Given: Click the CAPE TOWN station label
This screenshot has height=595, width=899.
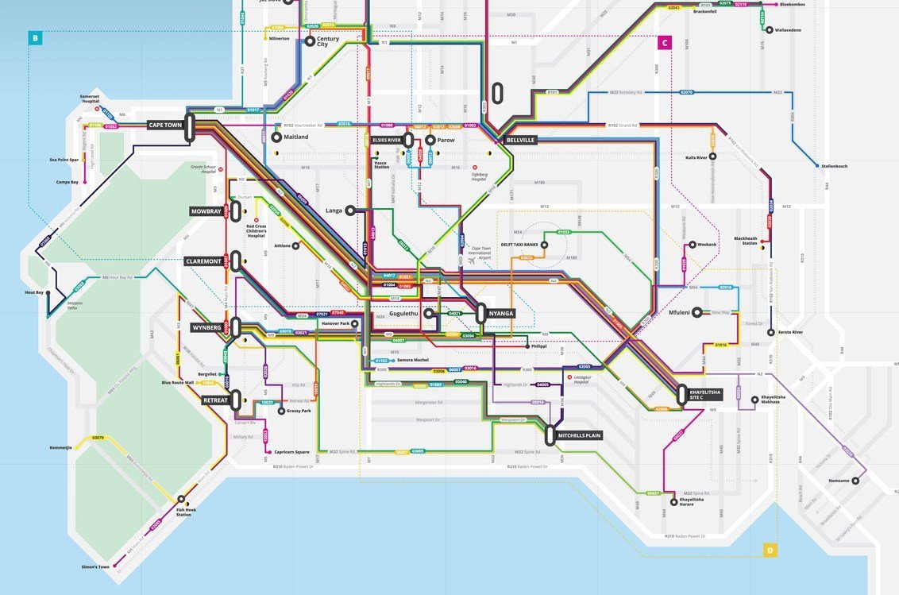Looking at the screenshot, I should (166, 125).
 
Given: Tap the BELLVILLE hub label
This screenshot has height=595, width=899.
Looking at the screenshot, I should (520, 140).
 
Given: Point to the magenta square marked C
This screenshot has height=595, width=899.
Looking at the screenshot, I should (664, 43).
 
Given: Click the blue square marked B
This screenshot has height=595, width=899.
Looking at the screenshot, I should (34, 37).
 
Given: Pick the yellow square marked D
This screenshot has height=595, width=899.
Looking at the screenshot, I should (770, 550).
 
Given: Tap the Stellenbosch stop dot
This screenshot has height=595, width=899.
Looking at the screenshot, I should (817, 166).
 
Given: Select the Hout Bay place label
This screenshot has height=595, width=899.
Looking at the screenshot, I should (34, 292).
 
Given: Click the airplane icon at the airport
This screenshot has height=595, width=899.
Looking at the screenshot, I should (472, 260).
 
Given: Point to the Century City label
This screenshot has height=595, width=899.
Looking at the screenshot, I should (327, 41).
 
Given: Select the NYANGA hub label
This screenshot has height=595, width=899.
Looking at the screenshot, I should (501, 313).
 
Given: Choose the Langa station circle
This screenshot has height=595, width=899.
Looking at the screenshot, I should (350, 211).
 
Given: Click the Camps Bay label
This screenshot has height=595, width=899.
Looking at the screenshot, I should (67, 182).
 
